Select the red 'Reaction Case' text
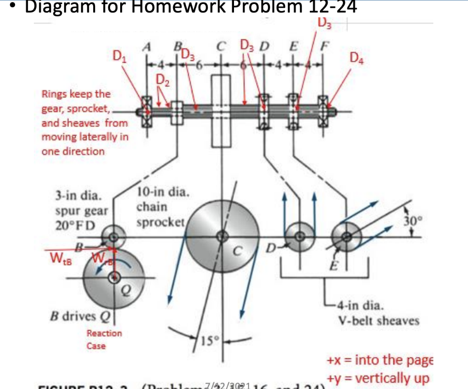pyautogui.click(x=104, y=339)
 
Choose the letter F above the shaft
pyautogui.click(x=325, y=46)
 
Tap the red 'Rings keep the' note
pyautogui.click(x=76, y=94)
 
